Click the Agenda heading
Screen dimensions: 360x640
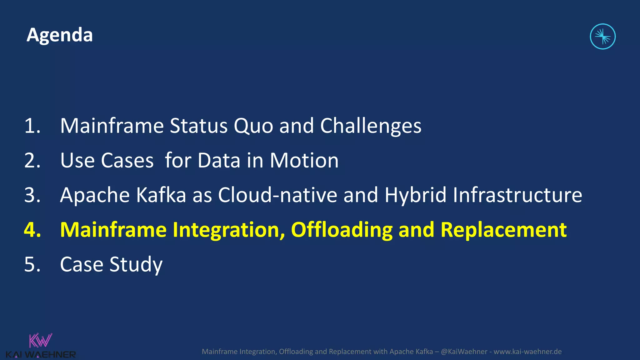click(59, 35)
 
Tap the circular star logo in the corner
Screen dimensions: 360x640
click(602, 37)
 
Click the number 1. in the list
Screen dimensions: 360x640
click(32, 126)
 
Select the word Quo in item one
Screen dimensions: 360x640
click(253, 126)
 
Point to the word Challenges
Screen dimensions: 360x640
click(371, 126)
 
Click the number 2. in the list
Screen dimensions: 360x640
click(32, 161)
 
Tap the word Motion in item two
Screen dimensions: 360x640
click(304, 161)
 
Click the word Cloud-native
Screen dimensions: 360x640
click(277, 195)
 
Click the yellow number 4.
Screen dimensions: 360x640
click(32, 230)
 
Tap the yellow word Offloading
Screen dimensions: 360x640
click(342, 230)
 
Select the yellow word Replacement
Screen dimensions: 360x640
click(503, 230)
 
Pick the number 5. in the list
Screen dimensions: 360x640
click(32, 265)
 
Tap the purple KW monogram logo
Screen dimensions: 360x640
click(40, 341)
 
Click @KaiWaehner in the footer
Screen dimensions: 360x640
click(464, 352)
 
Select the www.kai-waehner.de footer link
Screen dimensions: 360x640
click(527, 352)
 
